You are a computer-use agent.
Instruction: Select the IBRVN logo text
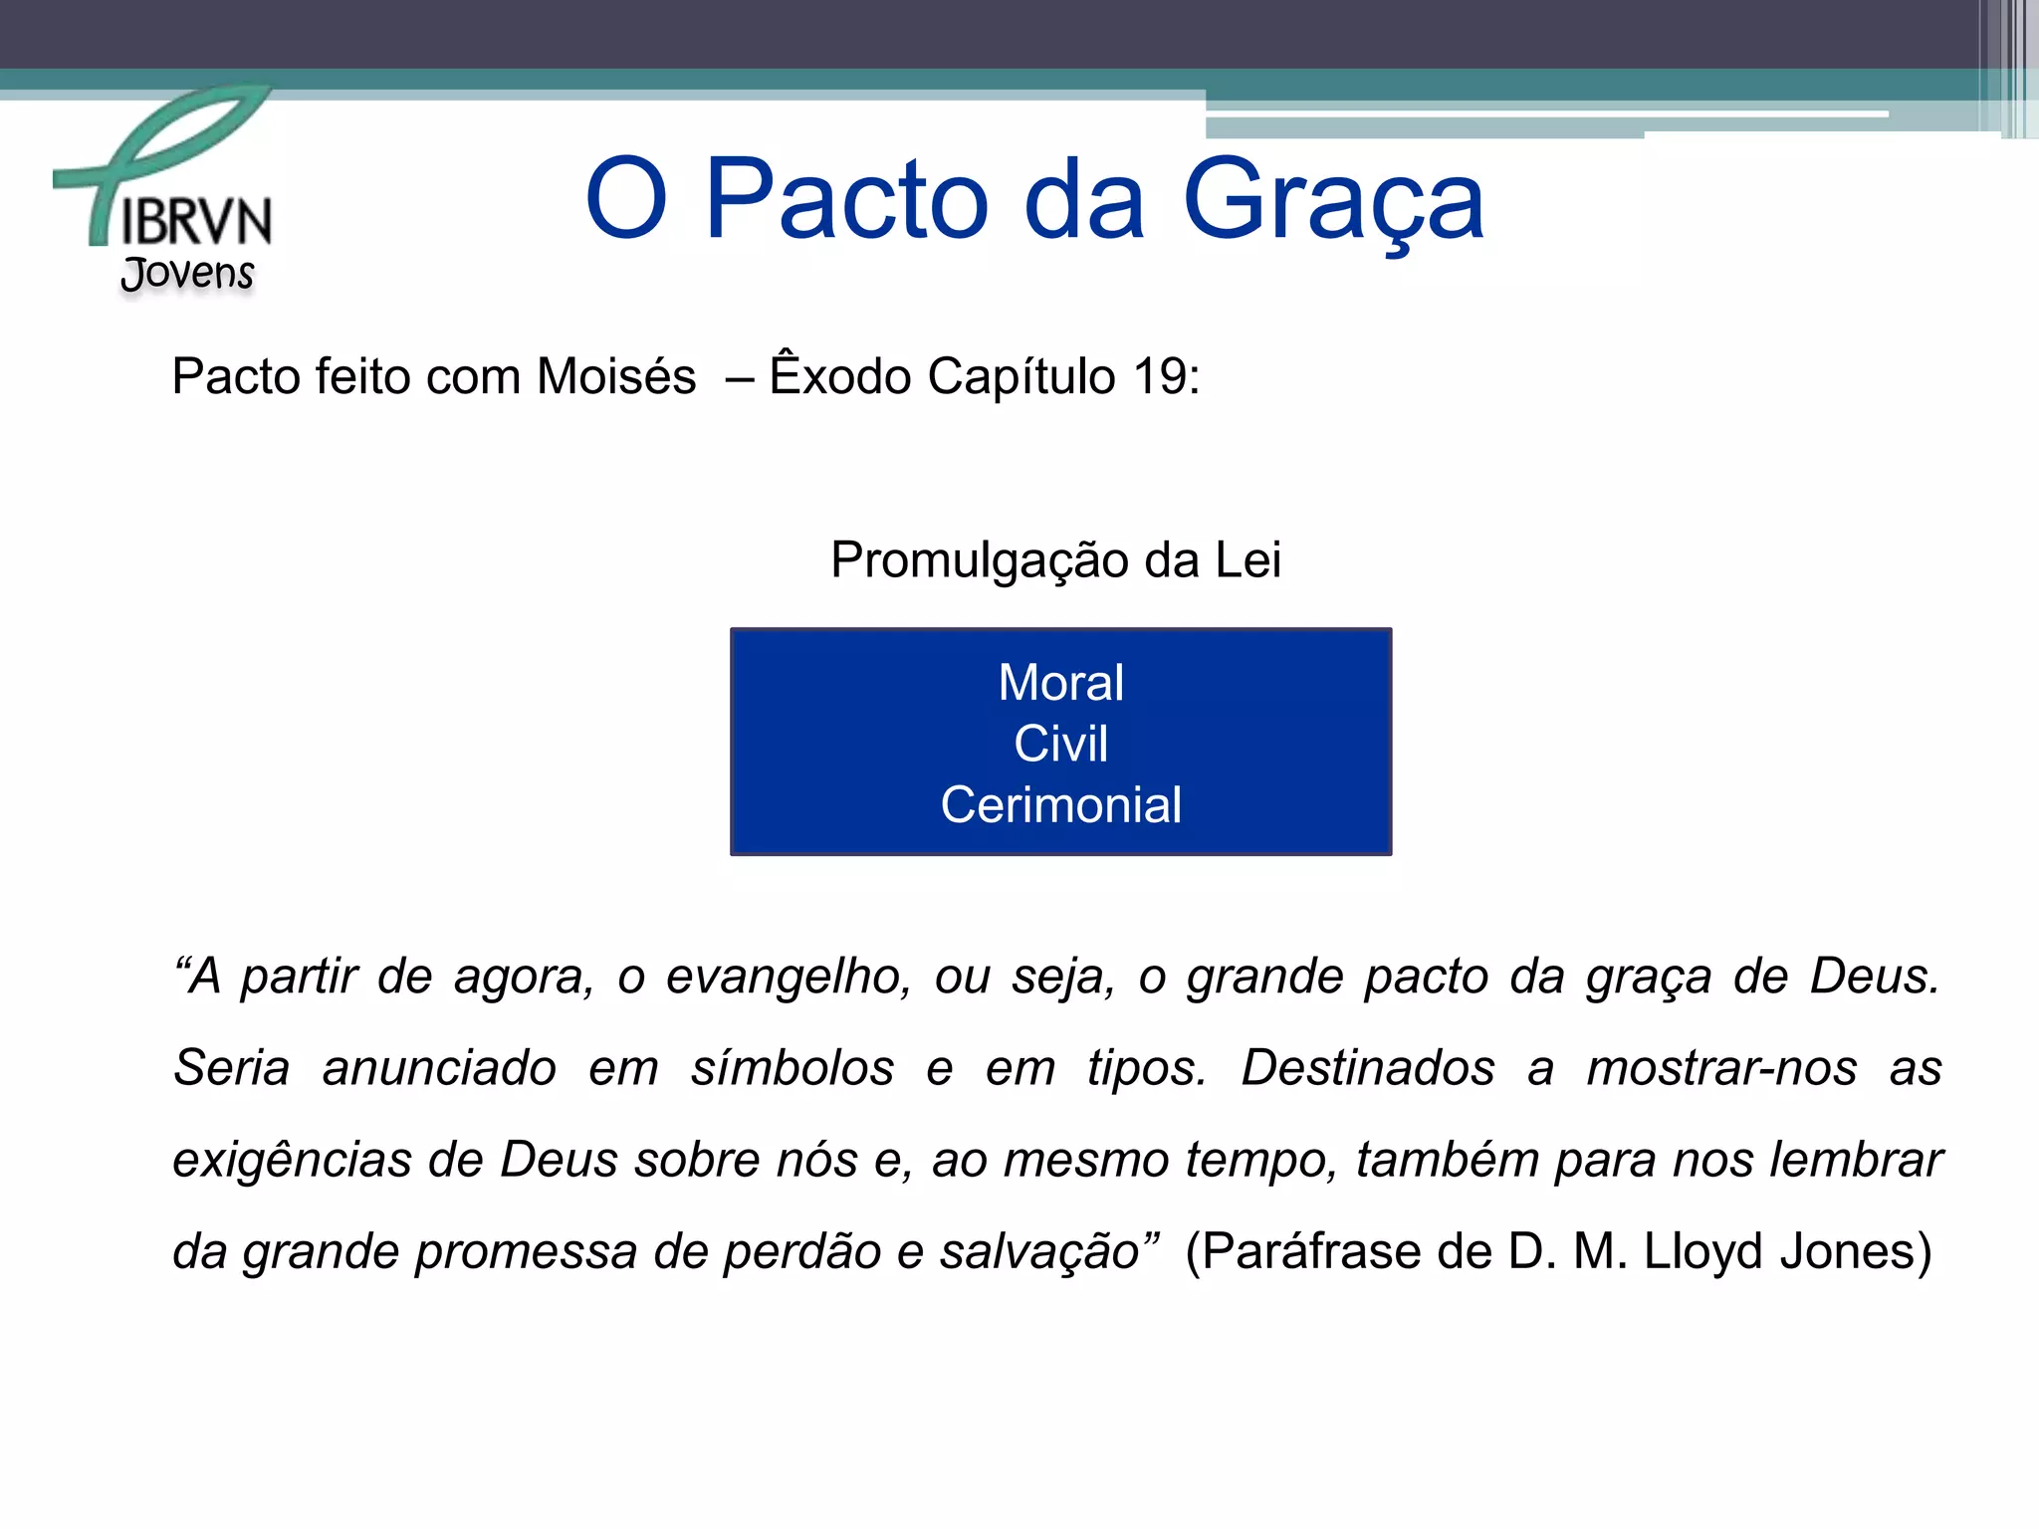(196, 221)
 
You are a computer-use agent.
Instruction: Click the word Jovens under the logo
(187, 273)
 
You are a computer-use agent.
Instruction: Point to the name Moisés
(616, 377)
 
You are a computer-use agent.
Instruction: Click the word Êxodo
(840, 375)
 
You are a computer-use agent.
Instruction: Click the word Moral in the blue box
(1060, 683)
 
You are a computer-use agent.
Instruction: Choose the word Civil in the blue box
(1060, 744)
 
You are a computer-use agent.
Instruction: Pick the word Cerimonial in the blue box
(1060, 805)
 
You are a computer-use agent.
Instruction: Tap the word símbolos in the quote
(793, 1069)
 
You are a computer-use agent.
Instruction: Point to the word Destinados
(1368, 1069)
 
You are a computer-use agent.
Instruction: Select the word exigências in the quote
(292, 1161)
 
